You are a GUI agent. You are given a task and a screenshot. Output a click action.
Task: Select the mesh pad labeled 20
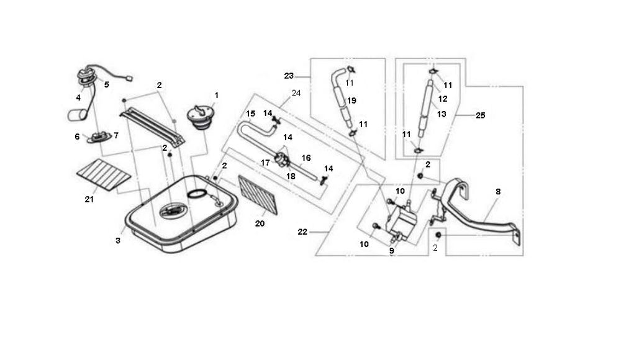point(258,194)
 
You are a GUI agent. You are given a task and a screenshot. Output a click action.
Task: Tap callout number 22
point(302,232)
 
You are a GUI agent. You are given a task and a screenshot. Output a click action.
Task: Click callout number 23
point(288,76)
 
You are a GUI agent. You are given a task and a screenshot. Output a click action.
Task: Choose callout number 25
point(480,115)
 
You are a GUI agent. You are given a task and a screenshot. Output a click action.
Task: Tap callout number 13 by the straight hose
point(442,114)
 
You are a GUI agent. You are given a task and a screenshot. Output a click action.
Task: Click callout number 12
point(442,99)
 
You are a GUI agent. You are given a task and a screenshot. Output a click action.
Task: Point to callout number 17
point(265,163)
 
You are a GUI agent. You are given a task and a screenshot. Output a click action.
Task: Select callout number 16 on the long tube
point(306,158)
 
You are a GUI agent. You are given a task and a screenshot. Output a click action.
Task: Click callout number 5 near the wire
point(106,84)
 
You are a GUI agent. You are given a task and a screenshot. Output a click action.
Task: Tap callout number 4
point(79,97)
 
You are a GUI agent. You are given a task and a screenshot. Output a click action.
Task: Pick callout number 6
point(77,137)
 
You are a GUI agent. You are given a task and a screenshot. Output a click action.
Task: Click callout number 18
point(291,176)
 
